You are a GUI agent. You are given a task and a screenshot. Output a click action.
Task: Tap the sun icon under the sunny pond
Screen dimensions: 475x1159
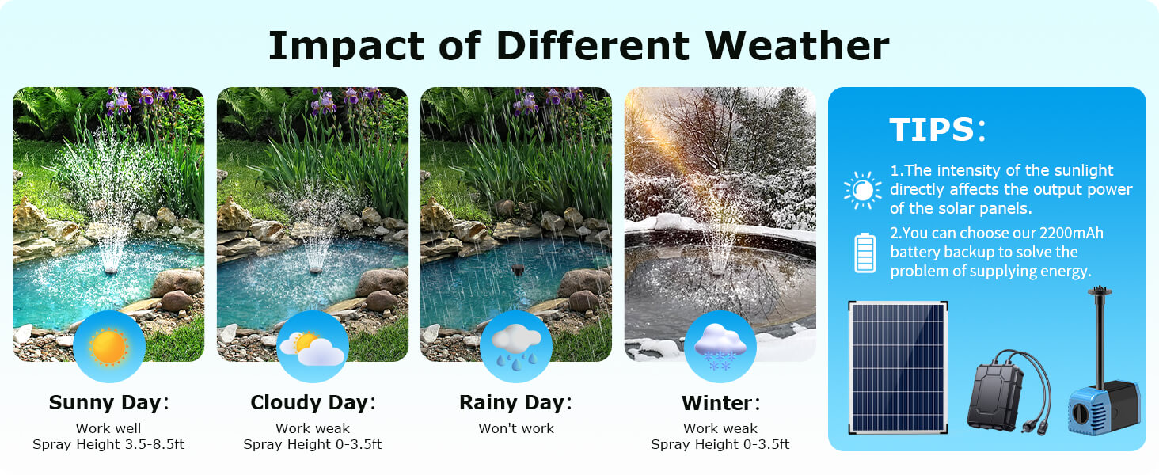[108, 347]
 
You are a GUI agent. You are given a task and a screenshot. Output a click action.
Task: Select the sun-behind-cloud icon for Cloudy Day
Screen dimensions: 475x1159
[312, 347]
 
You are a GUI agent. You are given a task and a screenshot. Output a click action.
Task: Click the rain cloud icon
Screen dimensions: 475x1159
[516, 347]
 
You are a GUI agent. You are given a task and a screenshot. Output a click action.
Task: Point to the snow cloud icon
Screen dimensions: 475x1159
[720, 347]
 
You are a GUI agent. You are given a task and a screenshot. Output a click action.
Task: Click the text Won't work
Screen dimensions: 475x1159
[516, 428]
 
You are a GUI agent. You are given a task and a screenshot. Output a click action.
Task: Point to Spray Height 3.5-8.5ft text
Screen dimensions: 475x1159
[108, 444]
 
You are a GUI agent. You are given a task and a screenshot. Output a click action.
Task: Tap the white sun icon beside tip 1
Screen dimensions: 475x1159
[862, 190]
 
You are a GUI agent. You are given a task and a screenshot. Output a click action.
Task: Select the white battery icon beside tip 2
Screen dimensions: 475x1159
[864, 253]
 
